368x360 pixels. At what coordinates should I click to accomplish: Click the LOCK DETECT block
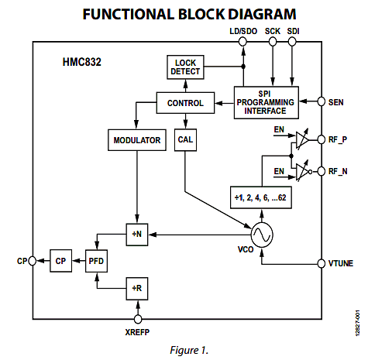[x=185, y=67]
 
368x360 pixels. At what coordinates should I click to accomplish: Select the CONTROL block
[x=185, y=103]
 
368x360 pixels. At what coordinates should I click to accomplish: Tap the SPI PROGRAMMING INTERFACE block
[x=267, y=102]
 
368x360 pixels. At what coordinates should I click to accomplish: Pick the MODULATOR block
[x=137, y=140]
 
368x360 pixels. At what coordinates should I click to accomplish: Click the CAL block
[x=185, y=140]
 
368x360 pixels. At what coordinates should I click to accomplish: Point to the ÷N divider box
[x=137, y=235]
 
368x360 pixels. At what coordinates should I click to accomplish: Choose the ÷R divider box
[x=137, y=289]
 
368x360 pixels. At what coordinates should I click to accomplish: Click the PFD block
[x=96, y=261]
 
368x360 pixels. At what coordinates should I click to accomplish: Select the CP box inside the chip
[x=60, y=261]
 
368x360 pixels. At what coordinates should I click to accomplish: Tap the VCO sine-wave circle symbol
[x=262, y=235]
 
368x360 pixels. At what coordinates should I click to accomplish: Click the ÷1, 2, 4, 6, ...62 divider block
[x=261, y=197]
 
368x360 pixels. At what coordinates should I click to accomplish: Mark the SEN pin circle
[x=322, y=101]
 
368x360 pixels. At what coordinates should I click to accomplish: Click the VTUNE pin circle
[x=322, y=263]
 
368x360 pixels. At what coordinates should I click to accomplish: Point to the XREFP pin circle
[x=138, y=319]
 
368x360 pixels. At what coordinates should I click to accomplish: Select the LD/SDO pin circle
[x=242, y=42]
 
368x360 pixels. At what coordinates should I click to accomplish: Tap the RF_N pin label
[x=338, y=171]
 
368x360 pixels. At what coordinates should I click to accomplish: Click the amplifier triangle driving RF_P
[x=302, y=139]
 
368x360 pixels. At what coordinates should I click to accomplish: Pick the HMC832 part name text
[x=82, y=62]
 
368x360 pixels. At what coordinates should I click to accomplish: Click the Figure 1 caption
[x=189, y=350]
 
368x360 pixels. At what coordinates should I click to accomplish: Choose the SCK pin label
[x=273, y=31]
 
